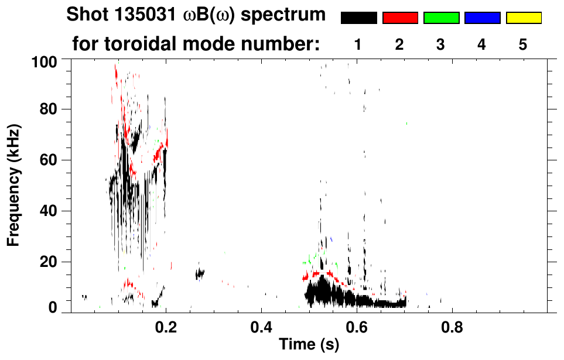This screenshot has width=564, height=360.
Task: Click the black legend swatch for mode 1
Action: [359, 18]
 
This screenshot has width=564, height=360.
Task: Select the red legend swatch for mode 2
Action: [400, 18]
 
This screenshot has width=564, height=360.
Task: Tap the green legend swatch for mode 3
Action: [441, 18]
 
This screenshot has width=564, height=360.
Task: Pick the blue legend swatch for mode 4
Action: [482, 18]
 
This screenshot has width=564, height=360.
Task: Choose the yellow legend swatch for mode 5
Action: [523, 18]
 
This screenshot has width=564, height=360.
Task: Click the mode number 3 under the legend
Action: [441, 44]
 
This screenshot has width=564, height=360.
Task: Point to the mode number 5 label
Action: [523, 44]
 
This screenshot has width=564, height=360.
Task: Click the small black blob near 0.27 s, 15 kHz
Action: [200, 273]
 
